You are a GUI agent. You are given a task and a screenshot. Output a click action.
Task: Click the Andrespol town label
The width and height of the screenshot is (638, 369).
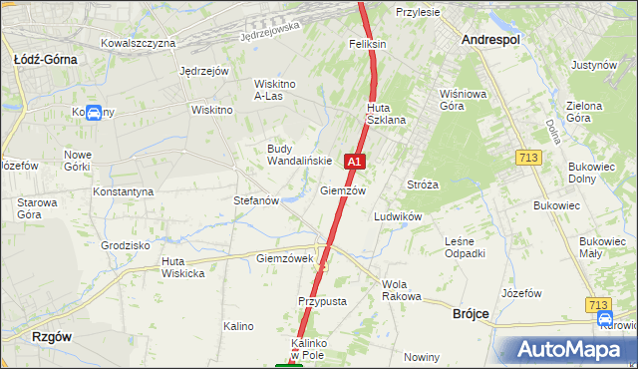point(491,39)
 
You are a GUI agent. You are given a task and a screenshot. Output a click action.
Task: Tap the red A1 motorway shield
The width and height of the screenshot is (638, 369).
point(354,161)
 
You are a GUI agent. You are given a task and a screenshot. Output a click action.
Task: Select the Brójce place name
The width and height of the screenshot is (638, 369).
point(464,313)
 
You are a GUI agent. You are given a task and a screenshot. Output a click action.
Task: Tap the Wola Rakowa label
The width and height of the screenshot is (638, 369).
point(402,290)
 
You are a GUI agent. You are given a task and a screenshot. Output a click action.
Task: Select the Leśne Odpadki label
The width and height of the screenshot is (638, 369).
point(465,247)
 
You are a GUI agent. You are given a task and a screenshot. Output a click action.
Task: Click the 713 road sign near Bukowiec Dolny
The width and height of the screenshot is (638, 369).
point(528,158)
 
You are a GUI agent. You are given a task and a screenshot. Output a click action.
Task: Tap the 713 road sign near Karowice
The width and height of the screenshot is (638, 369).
point(598,304)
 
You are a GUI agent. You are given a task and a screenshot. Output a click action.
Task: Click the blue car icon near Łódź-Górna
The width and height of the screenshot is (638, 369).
point(93,113)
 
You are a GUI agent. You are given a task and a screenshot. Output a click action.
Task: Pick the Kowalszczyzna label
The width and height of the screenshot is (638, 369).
point(139,43)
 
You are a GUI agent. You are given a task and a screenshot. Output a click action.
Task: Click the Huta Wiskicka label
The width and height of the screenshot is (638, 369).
point(182,267)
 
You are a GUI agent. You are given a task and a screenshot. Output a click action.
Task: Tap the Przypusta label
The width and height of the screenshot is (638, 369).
point(321,300)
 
